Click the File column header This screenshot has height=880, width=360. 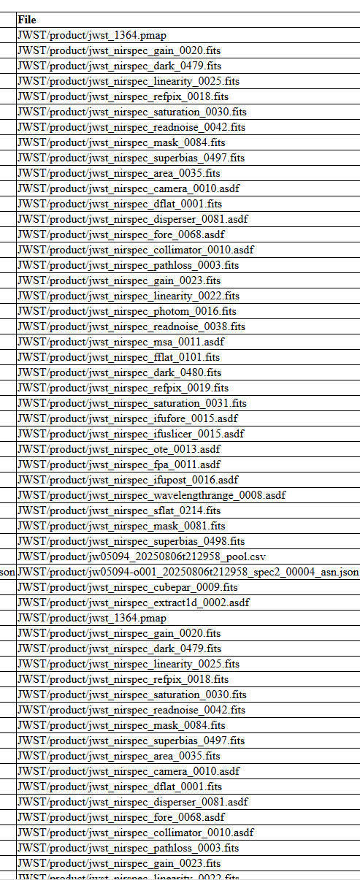[x=27, y=20]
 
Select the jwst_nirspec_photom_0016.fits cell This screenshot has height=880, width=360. [x=127, y=312]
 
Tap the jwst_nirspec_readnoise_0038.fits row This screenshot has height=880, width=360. [x=131, y=327]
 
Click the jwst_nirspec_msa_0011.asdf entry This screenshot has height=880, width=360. [x=120, y=343]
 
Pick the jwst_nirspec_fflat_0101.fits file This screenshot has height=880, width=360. [x=119, y=358]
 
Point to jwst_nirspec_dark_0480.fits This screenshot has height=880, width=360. [x=120, y=373]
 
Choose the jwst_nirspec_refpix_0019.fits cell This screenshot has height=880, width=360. [x=123, y=388]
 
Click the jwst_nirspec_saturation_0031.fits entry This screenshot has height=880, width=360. [x=132, y=403]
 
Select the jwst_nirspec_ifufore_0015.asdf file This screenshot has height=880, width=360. [x=128, y=418]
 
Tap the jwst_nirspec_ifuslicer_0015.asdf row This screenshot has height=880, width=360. [x=131, y=434]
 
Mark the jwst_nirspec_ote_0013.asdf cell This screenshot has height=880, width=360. [x=119, y=449]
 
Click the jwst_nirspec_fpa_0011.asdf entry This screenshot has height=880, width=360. [x=119, y=464]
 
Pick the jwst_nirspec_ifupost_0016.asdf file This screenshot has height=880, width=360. [x=128, y=480]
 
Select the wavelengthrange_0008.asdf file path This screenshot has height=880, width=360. [x=152, y=495]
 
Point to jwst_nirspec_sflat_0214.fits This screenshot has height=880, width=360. [x=120, y=510]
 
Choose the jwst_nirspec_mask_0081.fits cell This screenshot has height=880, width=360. [x=121, y=526]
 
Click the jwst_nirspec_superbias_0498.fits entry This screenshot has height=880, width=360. [x=131, y=541]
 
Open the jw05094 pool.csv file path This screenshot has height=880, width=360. [x=142, y=556]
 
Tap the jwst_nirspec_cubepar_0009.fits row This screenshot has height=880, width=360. [x=128, y=587]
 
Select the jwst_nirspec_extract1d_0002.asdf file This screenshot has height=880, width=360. [x=134, y=602]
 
